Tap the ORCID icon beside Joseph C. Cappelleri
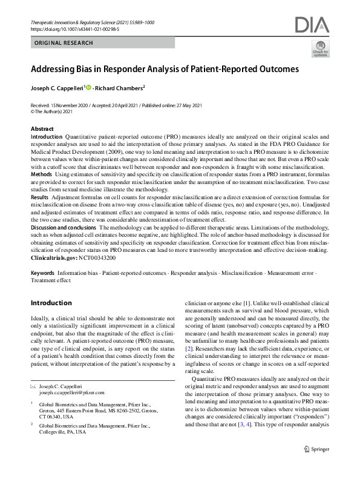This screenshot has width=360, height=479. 88,87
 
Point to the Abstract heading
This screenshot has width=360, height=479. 42,130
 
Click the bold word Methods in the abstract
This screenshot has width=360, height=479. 41,173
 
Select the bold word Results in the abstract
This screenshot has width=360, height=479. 39,197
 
